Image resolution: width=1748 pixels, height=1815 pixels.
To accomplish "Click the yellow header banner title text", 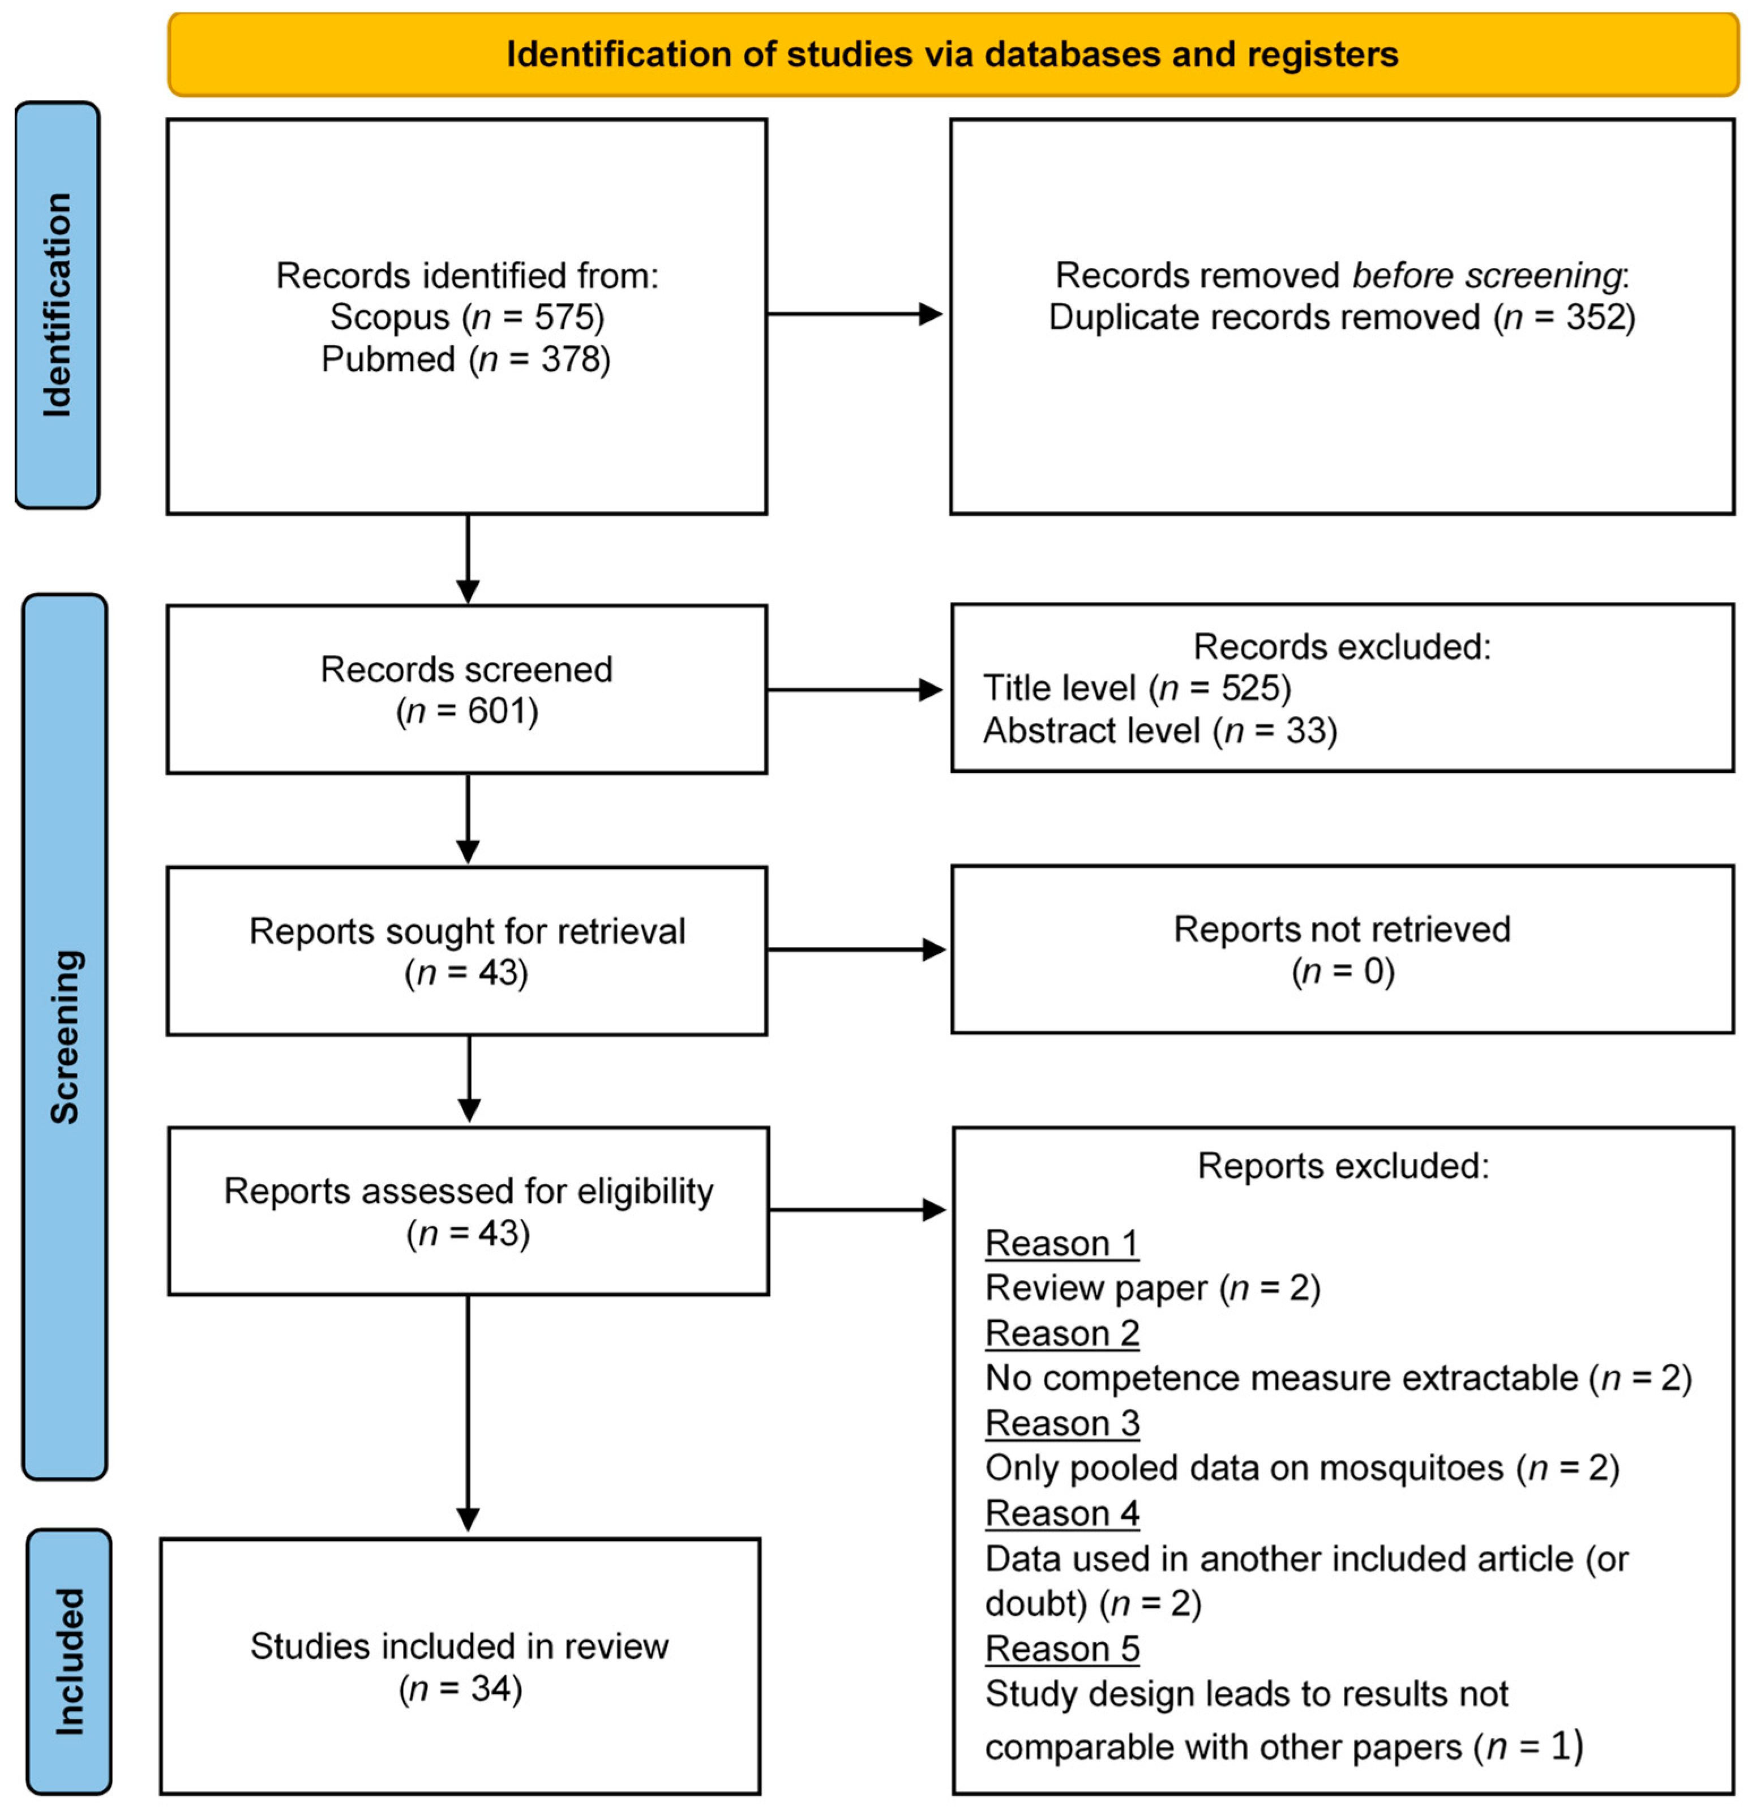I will click(952, 55).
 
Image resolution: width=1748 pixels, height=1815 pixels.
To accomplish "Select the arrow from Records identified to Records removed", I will click(854, 314).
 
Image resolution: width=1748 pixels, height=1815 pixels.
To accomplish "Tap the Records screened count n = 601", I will click(466, 711).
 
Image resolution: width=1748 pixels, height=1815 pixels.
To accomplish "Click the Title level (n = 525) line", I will click(1136, 688).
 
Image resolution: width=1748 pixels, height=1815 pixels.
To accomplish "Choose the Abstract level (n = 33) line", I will click(1159, 731).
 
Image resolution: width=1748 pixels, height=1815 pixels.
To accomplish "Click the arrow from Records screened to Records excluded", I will click(854, 690).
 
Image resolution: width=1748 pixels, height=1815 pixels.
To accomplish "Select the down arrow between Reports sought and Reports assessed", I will click(469, 1079).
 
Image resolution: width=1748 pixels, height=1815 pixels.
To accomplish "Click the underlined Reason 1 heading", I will click(1061, 1243).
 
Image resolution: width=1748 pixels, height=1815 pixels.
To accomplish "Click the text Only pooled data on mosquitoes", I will click(1244, 1468).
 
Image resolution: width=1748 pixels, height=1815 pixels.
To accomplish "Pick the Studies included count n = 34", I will click(460, 1688).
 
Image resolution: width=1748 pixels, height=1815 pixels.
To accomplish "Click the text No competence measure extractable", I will click(1282, 1378).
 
